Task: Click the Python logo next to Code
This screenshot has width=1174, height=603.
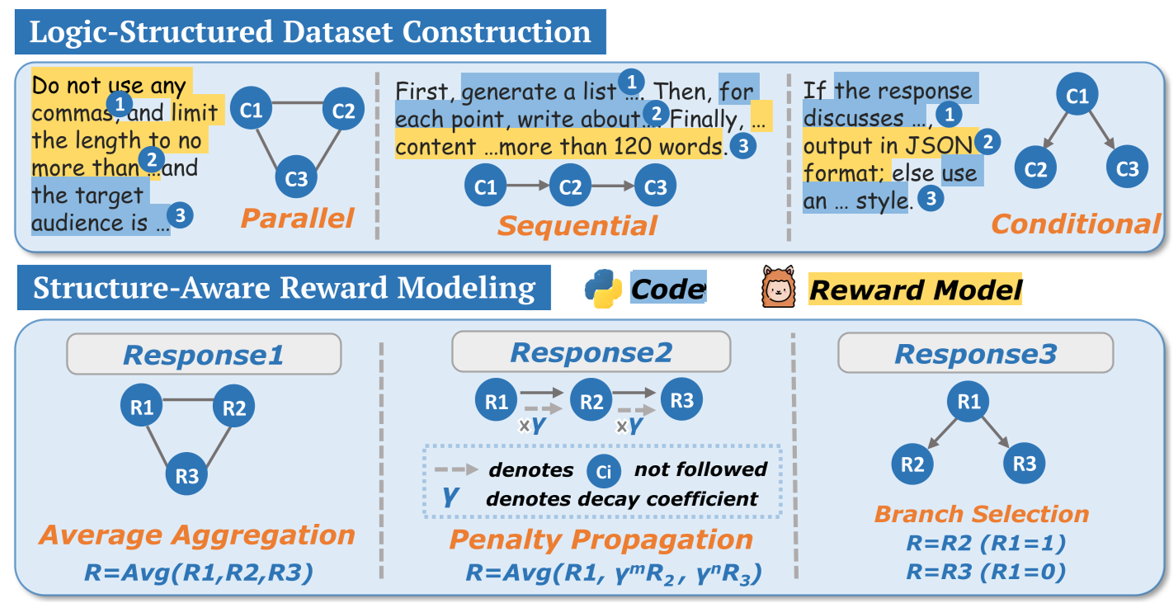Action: (603, 289)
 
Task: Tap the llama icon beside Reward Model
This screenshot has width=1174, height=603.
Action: (779, 289)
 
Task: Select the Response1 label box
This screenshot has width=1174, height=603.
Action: (203, 355)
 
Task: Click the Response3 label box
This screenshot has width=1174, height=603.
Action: (975, 355)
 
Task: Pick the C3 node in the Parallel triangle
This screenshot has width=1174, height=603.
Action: (297, 177)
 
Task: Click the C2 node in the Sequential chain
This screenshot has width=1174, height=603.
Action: (570, 187)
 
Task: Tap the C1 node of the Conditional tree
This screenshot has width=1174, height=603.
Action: (1077, 97)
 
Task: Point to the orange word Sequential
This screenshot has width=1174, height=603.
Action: (577, 225)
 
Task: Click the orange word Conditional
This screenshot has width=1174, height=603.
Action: (1075, 224)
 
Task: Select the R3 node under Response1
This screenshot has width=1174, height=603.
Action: (187, 475)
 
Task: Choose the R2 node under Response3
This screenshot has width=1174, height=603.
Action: (912, 464)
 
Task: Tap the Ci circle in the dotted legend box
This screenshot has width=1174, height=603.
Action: (603, 470)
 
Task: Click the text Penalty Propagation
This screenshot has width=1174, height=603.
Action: (601, 539)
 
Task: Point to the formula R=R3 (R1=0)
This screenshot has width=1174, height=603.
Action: (981, 570)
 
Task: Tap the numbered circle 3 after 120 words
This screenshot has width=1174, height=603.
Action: (743, 146)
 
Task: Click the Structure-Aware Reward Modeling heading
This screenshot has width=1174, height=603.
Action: (284, 288)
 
